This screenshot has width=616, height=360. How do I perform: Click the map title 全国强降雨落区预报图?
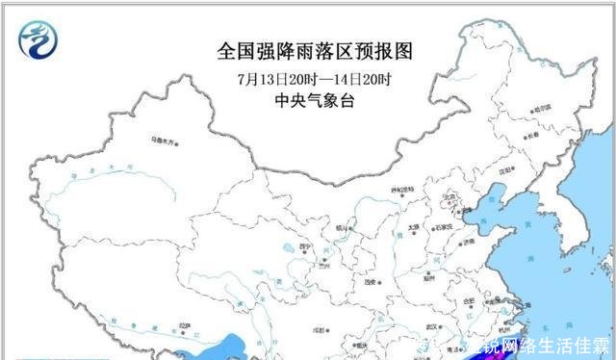point(307,50)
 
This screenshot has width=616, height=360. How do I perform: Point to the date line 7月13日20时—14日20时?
point(307,79)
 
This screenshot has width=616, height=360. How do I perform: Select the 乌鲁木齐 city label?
point(165,141)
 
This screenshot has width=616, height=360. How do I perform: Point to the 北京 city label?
point(446,196)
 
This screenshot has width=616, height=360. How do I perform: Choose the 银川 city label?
point(341,227)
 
